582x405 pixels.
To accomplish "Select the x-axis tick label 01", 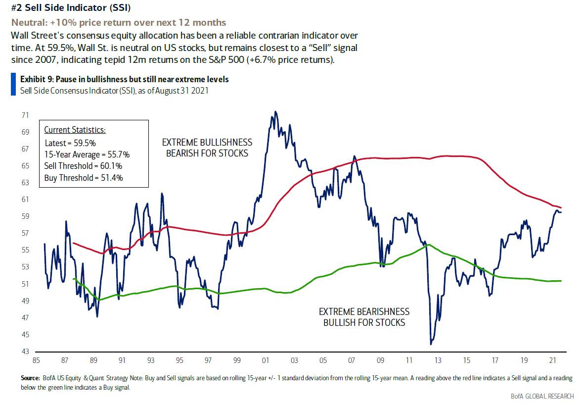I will [x=266, y=361].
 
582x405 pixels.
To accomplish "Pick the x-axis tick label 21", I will [x=554, y=361].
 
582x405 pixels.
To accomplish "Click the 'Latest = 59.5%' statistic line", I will [x=70, y=143].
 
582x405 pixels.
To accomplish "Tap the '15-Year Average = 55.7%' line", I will [x=87, y=154].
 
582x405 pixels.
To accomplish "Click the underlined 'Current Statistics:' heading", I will [x=75, y=130].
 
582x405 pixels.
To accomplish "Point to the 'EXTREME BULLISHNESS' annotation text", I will [x=207, y=143].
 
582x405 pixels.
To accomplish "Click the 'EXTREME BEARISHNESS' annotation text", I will [x=364, y=312].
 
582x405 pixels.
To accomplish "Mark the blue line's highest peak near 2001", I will [x=275, y=112].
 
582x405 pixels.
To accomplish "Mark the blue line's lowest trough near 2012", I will [x=431, y=344].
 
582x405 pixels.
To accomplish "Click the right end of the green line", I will [x=561, y=281].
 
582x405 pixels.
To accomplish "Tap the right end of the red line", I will [x=561, y=207].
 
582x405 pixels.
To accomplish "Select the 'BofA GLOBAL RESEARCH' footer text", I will [x=542, y=396].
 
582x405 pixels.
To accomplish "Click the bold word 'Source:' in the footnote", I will [x=30, y=378].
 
